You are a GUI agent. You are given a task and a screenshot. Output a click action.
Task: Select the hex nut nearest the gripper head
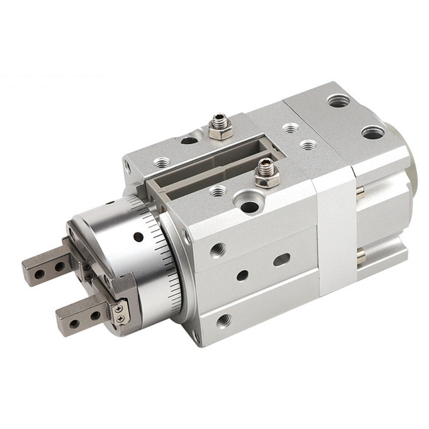(266, 175)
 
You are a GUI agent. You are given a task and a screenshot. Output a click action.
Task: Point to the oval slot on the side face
(281, 259)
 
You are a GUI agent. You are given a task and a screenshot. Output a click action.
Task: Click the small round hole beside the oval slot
(242, 275)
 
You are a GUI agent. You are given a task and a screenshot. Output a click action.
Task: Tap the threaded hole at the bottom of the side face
(224, 320)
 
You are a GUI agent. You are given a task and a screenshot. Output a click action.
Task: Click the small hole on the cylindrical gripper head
(138, 237)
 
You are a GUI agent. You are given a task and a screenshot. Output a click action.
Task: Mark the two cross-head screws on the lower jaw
(119, 314)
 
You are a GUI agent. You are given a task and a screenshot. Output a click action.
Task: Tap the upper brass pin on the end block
(361, 192)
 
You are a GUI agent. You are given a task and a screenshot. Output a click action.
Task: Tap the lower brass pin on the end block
(362, 255)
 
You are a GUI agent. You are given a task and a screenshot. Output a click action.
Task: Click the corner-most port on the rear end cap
(338, 101)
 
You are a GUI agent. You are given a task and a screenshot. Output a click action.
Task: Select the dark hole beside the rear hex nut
(189, 140)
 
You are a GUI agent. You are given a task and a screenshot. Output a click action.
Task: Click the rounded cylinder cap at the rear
(410, 161)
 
